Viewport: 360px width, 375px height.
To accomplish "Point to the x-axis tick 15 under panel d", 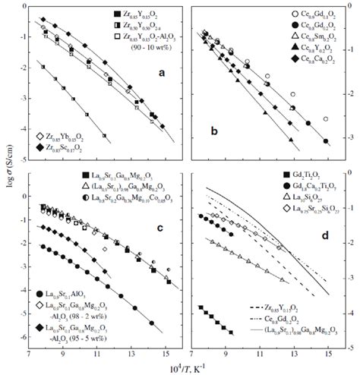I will click(327, 355).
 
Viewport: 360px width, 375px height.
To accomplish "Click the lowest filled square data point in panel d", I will click(231, 332).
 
